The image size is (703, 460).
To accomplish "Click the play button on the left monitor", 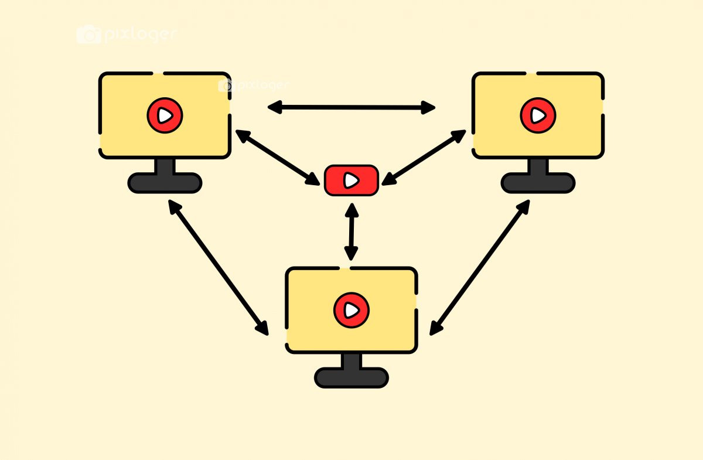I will pyautogui.click(x=165, y=115).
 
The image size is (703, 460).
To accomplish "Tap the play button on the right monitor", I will pyautogui.click(x=538, y=115).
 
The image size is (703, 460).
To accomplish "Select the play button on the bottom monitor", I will pyautogui.click(x=351, y=309).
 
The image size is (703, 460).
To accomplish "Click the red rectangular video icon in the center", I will pyautogui.click(x=351, y=180).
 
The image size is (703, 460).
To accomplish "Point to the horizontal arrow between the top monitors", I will pyautogui.click(x=351, y=107).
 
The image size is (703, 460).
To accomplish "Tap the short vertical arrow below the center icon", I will pyautogui.click(x=351, y=231).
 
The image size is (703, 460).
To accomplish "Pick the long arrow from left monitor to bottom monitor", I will pyautogui.click(x=218, y=267).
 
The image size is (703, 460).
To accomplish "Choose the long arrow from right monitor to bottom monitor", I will pyautogui.click(x=480, y=267).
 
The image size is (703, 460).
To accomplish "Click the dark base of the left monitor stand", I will pyautogui.click(x=165, y=183).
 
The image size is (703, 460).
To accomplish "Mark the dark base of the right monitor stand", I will pyautogui.click(x=538, y=183).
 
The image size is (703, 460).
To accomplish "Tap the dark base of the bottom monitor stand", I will pyautogui.click(x=351, y=377).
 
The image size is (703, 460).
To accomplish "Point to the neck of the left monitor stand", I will pyautogui.click(x=165, y=166).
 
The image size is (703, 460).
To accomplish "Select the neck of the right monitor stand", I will pyautogui.click(x=538, y=166).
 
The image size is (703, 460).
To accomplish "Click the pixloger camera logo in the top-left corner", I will pyautogui.click(x=89, y=34).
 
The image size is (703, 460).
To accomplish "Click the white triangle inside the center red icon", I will pyautogui.click(x=351, y=180).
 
